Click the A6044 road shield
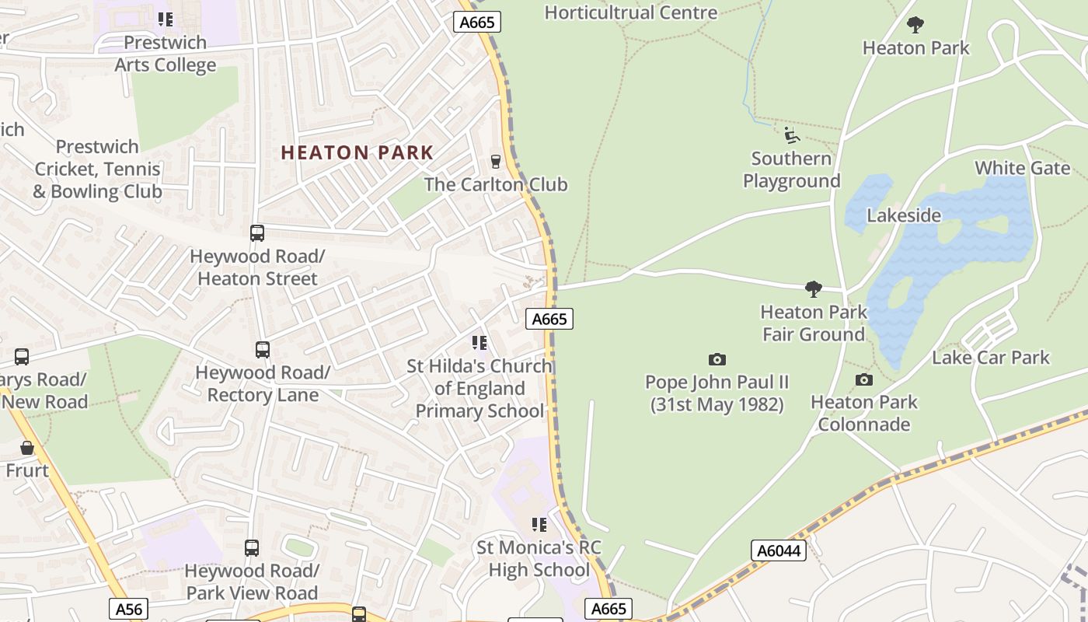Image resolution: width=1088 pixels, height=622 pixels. pos(779,550)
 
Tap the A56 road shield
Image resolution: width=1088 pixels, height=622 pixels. pos(127,608)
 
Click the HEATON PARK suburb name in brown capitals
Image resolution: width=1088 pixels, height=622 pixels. pos(357,152)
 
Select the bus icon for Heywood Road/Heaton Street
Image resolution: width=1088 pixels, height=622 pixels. pos(256,233)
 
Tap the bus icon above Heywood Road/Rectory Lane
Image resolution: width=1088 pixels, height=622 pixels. pos(263,350)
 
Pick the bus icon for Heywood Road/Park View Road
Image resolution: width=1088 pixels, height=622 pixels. pos(252,548)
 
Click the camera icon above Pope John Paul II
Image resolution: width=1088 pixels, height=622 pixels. pos(717,359)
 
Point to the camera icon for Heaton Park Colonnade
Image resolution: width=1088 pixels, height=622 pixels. pos(863,379)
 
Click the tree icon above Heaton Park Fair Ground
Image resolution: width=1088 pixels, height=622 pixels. pos(814,289)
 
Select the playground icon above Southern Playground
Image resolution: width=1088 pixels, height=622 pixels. pos(791,135)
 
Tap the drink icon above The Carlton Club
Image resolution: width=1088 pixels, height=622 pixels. pos(495,162)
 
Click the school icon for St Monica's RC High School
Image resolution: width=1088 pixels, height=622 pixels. pos(539,525)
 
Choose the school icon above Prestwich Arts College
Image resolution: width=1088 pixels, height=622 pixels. pos(165,19)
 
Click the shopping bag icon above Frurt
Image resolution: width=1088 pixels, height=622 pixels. pos(27,448)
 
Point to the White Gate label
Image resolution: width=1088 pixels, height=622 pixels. pos(1022,168)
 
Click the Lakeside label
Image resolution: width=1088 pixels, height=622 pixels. pos(904,215)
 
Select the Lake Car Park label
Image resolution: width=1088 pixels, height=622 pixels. pos(990,358)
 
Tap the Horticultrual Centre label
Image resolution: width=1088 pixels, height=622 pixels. pos(630,12)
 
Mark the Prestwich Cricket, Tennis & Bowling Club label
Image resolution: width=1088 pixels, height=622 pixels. pos(98,169)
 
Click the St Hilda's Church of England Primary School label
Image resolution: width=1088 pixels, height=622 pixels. pos(479,388)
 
